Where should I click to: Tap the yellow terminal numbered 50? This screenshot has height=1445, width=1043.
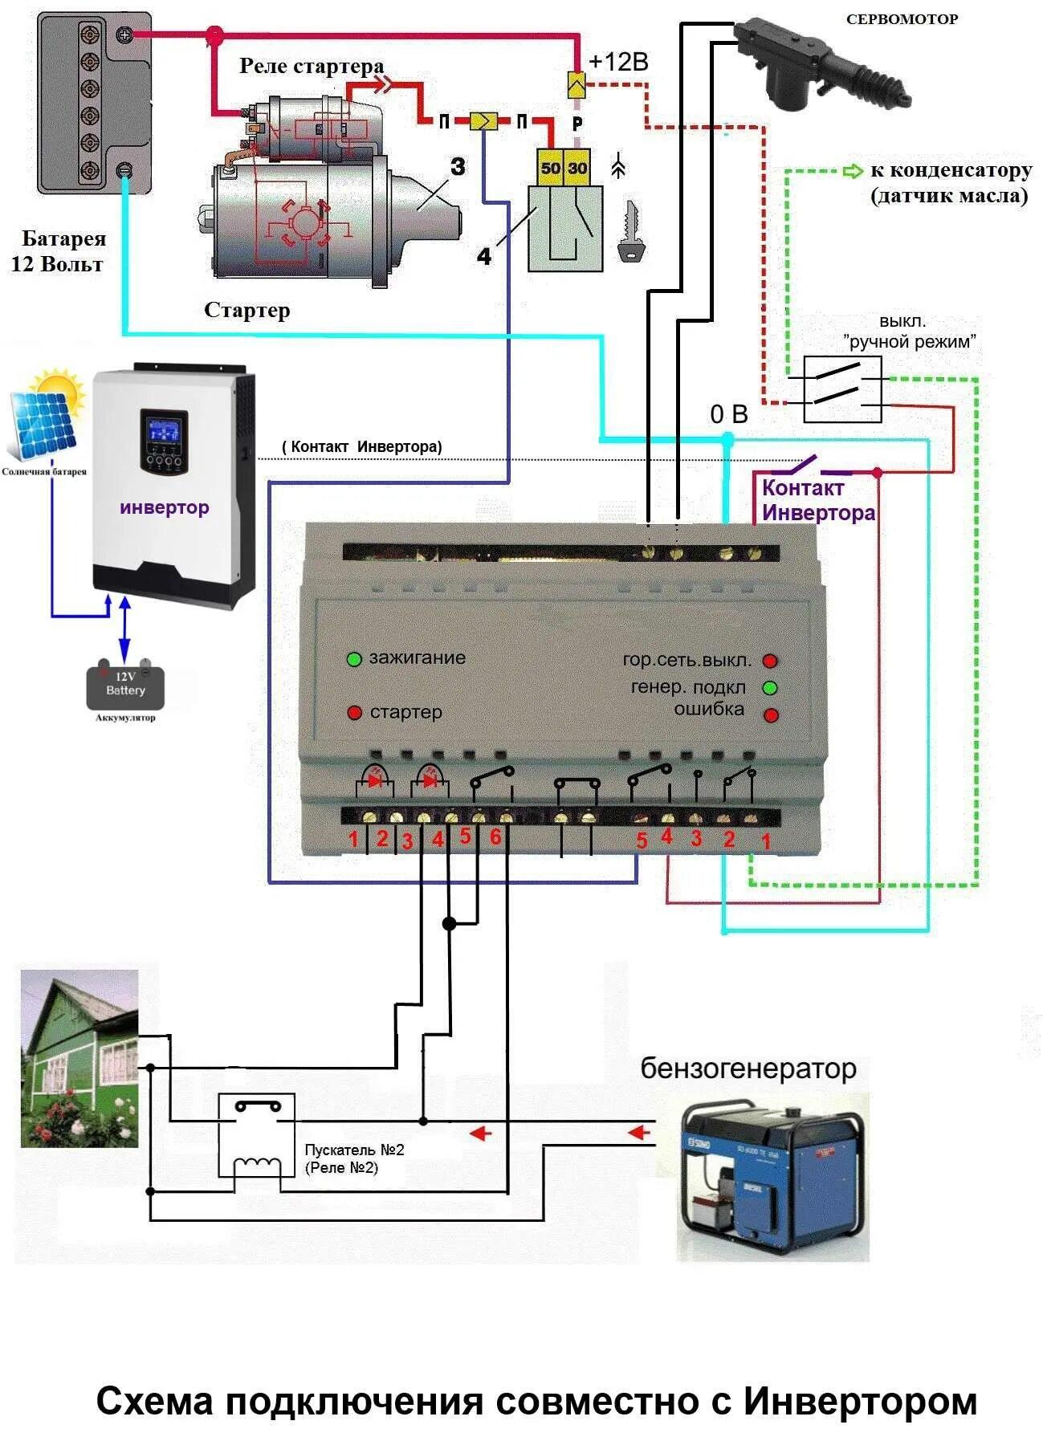pyautogui.click(x=550, y=168)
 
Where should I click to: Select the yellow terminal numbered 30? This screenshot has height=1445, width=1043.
pyautogui.click(x=577, y=168)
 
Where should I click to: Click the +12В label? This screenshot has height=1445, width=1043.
pyautogui.click(x=618, y=63)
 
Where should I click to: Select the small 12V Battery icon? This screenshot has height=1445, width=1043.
pyautogui.click(x=126, y=686)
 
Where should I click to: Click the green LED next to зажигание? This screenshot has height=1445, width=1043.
pyautogui.click(x=354, y=659)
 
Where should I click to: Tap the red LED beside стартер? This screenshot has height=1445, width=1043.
pyautogui.click(x=354, y=713)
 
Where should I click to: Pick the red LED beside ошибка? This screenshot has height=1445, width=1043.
pyautogui.click(x=771, y=714)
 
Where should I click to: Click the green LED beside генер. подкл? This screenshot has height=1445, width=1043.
pyautogui.click(x=770, y=688)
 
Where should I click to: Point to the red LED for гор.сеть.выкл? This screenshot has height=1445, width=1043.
pyautogui.click(x=770, y=661)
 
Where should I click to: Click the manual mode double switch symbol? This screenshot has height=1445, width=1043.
pyautogui.click(x=842, y=389)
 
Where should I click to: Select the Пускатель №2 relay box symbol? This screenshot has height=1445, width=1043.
pyautogui.click(x=257, y=1135)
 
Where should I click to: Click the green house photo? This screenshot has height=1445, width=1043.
pyautogui.click(x=79, y=1057)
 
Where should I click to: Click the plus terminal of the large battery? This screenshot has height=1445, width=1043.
pyautogui.click(x=124, y=35)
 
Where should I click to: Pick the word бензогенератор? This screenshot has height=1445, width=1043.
pyautogui.click(x=748, y=1069)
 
